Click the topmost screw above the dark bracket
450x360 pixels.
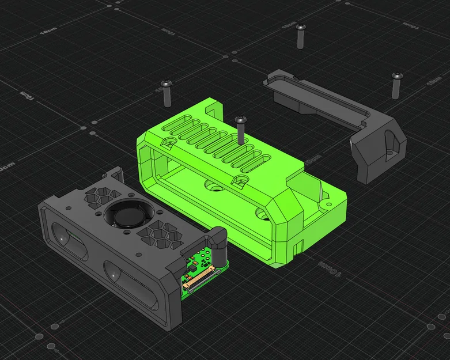pos(300,35)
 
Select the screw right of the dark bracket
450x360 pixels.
pos(396,85)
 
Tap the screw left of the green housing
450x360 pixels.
pos(167,93)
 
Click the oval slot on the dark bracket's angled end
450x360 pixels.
pos(392,144)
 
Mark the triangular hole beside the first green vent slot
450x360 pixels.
pos(171,140)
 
